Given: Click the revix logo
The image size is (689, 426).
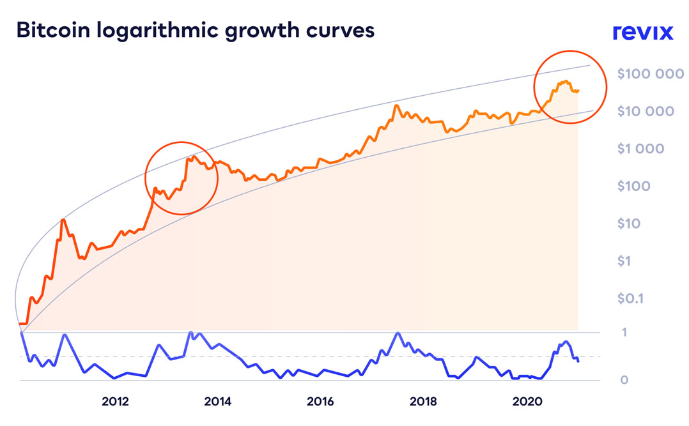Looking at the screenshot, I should point(642,32).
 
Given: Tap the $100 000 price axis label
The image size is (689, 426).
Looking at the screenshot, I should point(651,73).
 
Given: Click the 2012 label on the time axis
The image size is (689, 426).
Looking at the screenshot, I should point(115,402).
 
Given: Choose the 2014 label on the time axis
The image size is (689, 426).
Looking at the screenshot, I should point(217,402).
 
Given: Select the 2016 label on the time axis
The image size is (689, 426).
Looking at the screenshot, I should point(320,402).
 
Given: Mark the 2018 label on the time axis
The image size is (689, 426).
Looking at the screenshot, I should point(423,402).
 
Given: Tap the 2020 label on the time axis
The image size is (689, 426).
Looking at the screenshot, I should point(526,402).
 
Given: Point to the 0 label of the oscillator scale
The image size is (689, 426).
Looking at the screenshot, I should point(624,380).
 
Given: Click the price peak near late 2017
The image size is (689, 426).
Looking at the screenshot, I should point(396,106).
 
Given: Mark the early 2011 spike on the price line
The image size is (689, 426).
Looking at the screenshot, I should point(63,220).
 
